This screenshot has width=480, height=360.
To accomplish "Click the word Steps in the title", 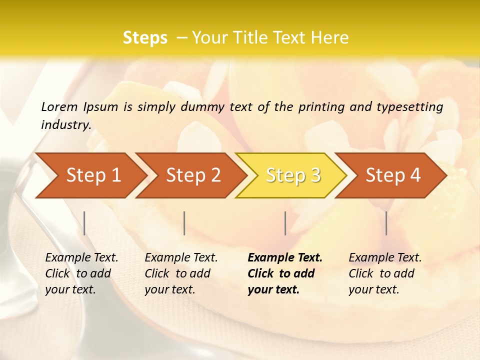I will [145, 38].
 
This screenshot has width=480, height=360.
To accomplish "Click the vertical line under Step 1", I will [84, 223].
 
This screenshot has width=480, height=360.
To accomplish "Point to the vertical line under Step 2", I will [184, 223].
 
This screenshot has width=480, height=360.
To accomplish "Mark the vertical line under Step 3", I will [285, 223].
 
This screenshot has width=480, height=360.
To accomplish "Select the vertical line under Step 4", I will [386, 223].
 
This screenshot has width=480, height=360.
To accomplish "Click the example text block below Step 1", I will [81, 273].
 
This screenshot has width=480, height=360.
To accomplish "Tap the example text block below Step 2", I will [181, 273].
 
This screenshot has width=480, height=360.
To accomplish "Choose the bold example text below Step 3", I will [285, 273].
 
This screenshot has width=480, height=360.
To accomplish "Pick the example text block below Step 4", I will [385, 273].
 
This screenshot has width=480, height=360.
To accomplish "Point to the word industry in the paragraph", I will [65, 125].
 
